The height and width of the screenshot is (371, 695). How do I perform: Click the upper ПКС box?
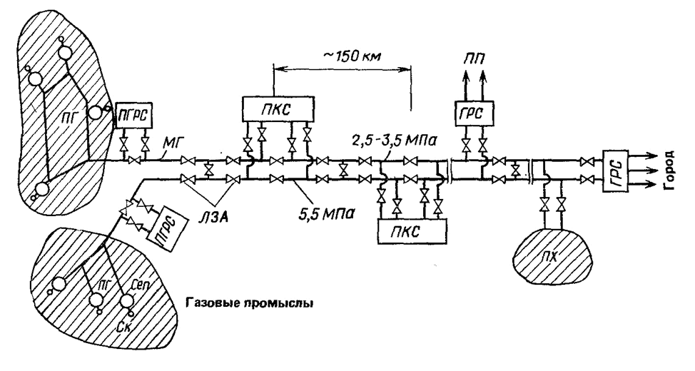pos(278,109)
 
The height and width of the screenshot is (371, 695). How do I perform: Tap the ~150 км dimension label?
pos(351,56)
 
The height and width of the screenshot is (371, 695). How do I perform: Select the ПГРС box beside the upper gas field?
pos(133,116)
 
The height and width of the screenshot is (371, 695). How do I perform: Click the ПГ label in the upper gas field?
pos(67,116)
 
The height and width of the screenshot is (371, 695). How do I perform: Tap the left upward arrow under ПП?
pos(466,85)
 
